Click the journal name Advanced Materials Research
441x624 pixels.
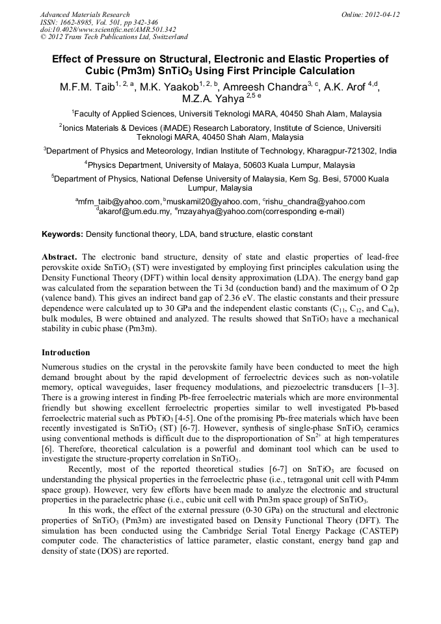[85, 14]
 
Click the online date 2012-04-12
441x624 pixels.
[382, 14]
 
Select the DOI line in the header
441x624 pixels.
[108, 29]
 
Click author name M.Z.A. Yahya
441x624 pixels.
[207, 99]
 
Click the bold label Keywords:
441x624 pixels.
[62, 234]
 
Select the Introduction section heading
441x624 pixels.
[66, 353]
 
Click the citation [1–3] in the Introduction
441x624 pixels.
[388, 388]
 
